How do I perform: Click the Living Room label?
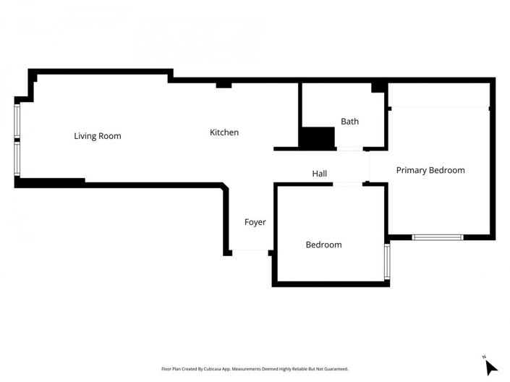(x=97, y=136)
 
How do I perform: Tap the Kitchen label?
(x=224, y=132)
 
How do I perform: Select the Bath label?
(x=349, y=122)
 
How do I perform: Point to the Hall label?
(x=319, y=174)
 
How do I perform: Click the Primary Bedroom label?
(x=430, y=170)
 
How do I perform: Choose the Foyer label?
(x=255, y=222)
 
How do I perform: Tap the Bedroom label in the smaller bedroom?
(x=323, y=245)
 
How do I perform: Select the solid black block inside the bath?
(x=318, y=137)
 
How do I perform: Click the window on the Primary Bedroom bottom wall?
(x=437, y=237)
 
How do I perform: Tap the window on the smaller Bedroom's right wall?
(x=388, y=262)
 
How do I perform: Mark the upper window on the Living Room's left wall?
(x=17, y=120)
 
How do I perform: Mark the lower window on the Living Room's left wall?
(x=17, y=158)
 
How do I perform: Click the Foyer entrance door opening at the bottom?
(x=250, y=252)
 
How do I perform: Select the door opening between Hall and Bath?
(x=349, y=149)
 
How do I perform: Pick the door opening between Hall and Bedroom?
(x=347, y=184)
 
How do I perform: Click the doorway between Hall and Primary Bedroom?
(x=370, y=166)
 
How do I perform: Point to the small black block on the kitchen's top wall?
(x=224, y=85)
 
